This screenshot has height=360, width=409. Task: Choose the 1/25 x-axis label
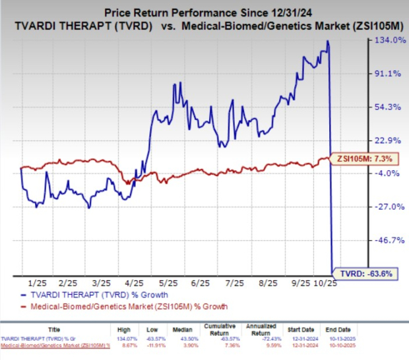click(31, 280)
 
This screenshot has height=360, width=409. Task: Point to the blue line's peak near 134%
click(327, 42)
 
